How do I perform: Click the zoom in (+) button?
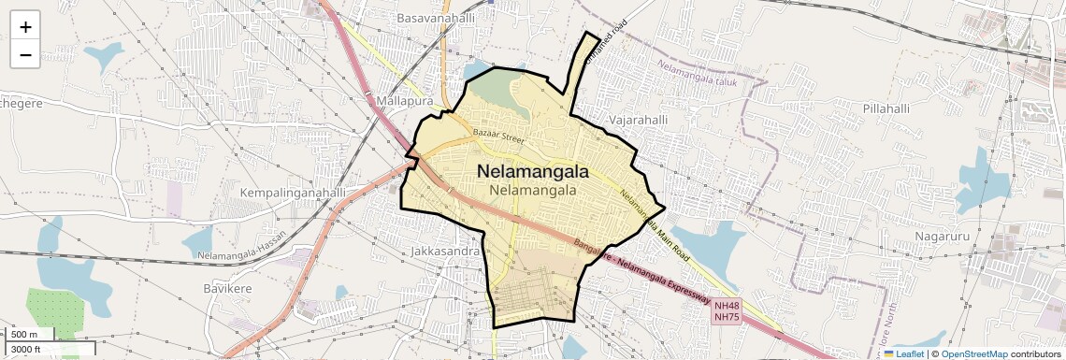point(25,27)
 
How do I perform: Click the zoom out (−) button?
point(25,54)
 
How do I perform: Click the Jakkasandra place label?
point(446,252)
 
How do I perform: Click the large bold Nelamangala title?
point(533,171)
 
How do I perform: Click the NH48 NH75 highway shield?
point(727,311)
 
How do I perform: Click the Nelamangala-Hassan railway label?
point(240,255)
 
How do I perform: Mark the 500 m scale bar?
point(27,335)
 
